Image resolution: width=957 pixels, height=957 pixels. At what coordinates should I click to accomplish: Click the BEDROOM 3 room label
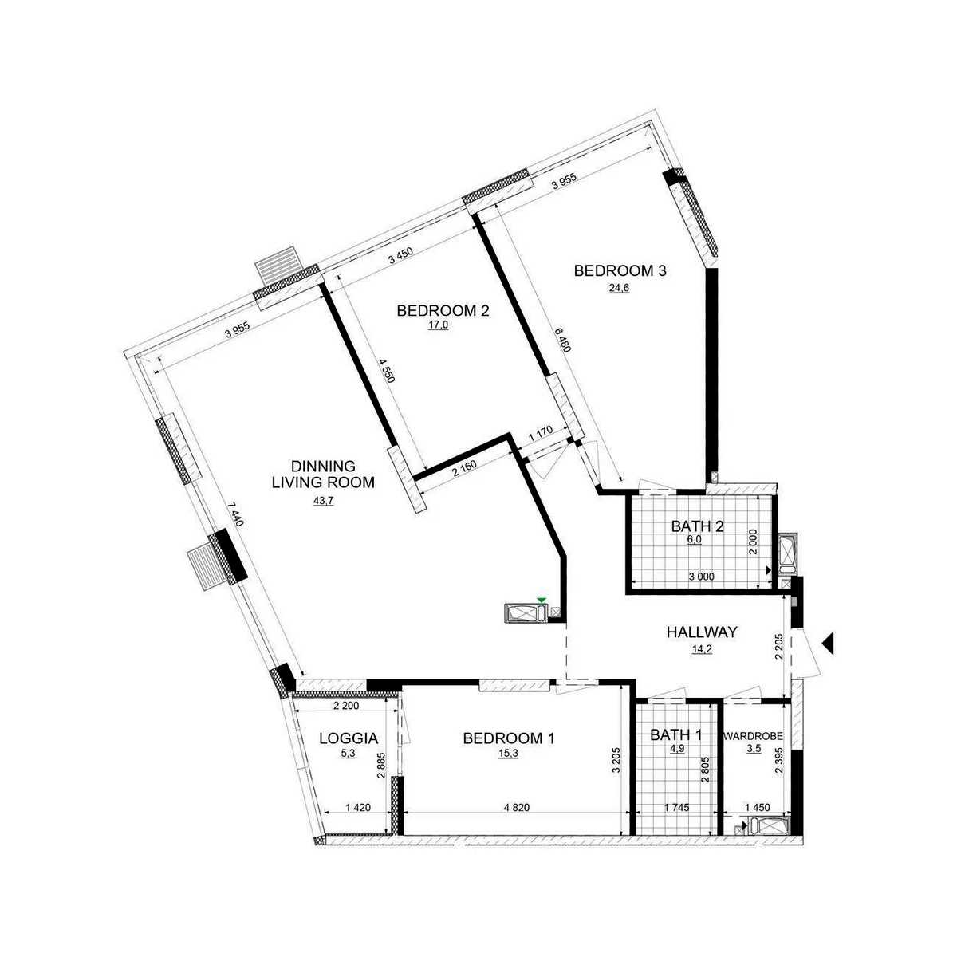click(620, 271)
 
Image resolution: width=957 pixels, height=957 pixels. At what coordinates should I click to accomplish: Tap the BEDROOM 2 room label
click(443, 311)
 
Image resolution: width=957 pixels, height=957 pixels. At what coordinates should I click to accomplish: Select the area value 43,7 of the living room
click(323, 501)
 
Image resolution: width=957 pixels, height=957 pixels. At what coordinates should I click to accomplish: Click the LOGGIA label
click(349, 738)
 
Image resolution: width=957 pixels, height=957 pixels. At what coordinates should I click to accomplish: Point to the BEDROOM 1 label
click(509, 738)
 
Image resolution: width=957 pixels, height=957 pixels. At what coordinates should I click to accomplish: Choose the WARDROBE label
click(753, 736)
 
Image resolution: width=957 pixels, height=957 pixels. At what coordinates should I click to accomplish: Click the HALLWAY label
click(702, 632)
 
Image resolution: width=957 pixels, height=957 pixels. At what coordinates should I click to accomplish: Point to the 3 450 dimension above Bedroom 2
click(400, 258)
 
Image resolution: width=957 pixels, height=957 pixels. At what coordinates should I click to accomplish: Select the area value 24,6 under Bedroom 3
click(620, 288)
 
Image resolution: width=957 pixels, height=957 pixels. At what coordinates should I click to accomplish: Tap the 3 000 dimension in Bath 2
click(701, 577)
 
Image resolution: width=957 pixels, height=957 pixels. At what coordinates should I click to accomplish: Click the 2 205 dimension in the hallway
click(779, 646)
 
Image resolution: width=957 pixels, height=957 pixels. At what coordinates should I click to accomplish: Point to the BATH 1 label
click(676, 734)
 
